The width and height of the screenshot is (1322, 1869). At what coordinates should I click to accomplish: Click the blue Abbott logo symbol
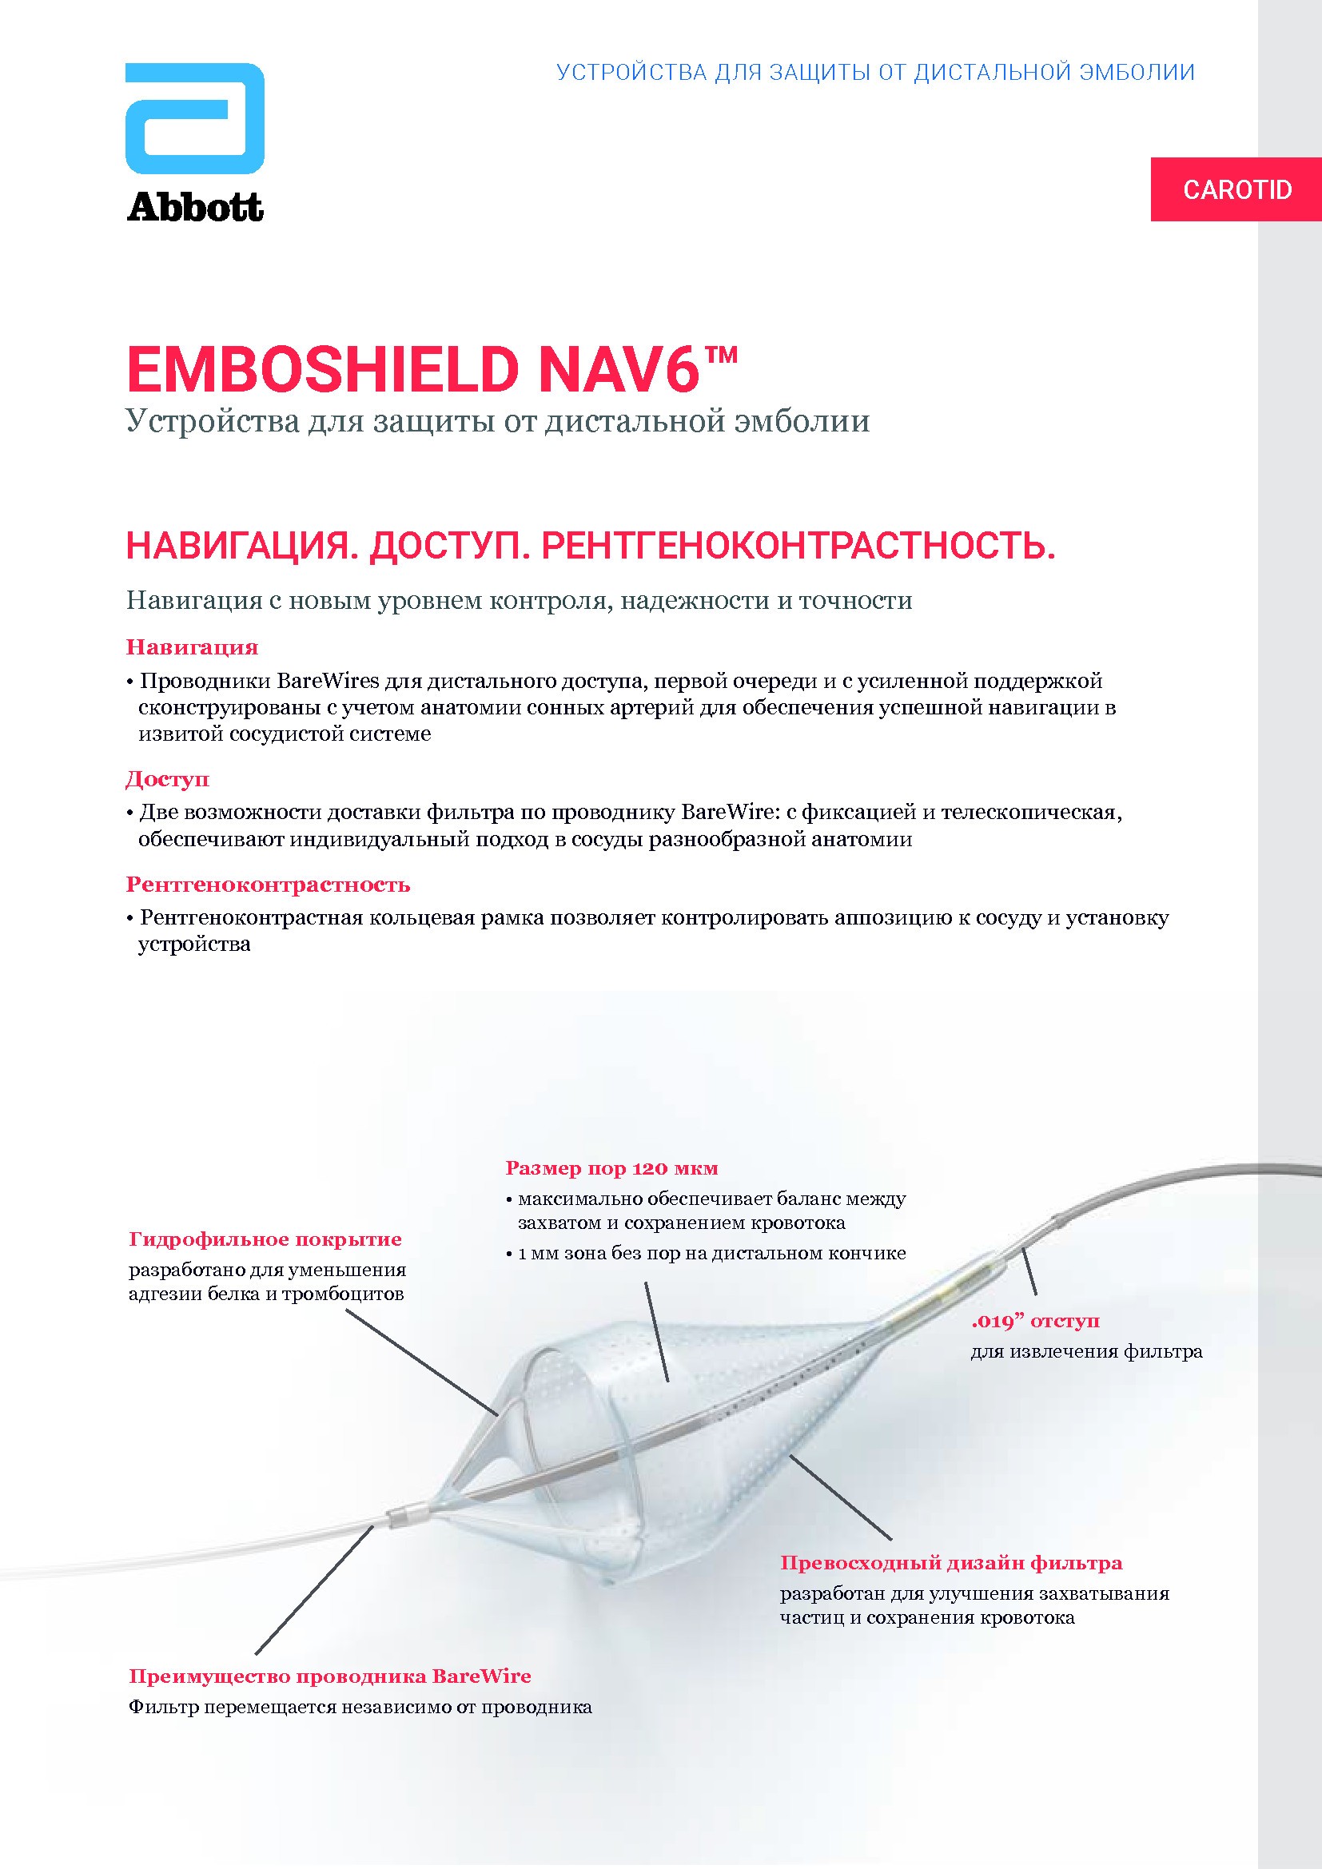194,119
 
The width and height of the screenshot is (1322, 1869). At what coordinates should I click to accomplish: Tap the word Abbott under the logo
195,208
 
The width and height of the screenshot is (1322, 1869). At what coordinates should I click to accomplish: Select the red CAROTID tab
1236,189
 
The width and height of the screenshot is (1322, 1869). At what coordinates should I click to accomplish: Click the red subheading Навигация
192,648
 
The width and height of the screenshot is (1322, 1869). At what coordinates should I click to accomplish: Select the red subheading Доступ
168,780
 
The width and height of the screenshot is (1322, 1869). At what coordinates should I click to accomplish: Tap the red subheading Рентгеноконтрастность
268,885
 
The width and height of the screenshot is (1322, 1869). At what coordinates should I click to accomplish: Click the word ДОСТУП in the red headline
450,547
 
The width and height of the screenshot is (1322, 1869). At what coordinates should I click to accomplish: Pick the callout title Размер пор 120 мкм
611,1169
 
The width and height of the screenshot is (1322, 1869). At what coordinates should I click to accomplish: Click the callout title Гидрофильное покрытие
265,1240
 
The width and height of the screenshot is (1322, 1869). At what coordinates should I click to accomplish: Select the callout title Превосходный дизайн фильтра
951,1563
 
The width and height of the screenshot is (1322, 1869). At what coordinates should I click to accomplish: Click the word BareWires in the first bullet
328,682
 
